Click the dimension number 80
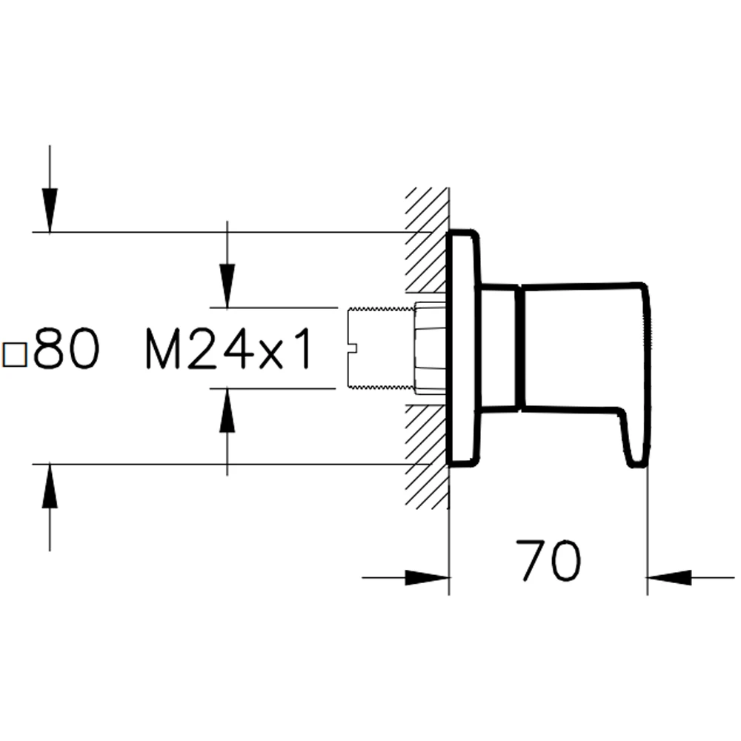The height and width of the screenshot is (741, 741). coord(67,348)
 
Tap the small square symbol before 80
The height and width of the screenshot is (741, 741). coord(15,355)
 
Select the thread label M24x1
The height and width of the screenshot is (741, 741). coord(229,349)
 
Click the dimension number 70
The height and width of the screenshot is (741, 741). coord(548,560)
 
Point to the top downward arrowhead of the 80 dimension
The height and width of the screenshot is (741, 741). coord(50,210)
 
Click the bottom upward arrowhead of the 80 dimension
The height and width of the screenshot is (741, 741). coord(50,486)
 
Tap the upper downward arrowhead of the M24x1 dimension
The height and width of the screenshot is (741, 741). coord(227,286)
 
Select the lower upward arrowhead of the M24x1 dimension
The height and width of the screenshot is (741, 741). coord(227,411)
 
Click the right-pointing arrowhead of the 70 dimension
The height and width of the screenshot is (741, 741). coord(428,577)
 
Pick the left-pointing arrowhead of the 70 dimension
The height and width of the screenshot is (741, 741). coord(669,577)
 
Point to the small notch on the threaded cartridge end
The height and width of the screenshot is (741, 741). coord(352,348)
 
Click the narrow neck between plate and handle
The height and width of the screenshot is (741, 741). coord(499,346)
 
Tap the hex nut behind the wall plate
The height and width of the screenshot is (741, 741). coord(431,348)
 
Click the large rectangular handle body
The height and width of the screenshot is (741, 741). coord(585,346)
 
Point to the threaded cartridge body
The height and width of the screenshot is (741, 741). coord(381,348)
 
